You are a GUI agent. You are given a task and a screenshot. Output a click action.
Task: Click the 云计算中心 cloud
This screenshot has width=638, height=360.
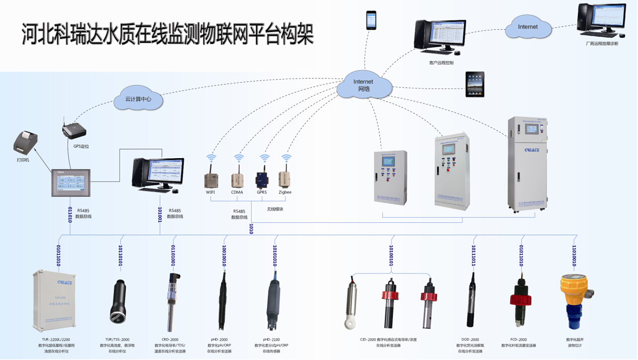[138, 99]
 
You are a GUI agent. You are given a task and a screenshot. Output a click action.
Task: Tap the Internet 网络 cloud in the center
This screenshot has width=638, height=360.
[363, 86]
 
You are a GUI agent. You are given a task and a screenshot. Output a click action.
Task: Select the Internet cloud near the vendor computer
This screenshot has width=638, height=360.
[528, 27]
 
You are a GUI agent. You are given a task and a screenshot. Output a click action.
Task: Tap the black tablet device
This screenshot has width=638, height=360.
[474, 85]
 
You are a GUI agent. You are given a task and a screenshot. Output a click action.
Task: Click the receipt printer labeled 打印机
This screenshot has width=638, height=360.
[26, 143]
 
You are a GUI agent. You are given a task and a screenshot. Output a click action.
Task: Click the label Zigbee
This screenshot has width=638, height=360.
[285, 192]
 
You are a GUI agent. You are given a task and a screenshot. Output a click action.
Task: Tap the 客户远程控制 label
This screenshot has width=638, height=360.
[441, 63]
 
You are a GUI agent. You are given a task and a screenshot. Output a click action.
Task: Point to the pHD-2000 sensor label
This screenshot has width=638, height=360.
[219, 340]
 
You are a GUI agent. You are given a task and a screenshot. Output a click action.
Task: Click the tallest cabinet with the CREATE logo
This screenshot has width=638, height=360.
[528, 164]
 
